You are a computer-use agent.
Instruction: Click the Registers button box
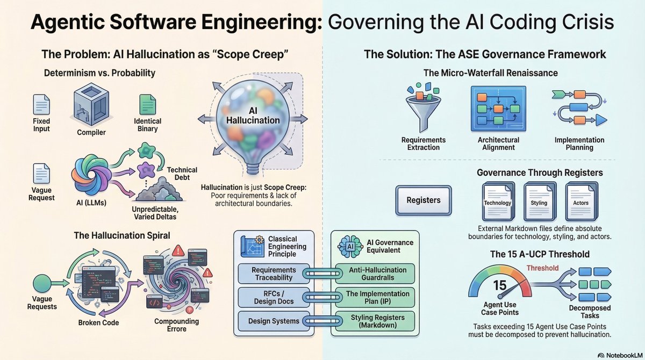click(424, 200)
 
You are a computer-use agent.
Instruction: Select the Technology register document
click(498, 201)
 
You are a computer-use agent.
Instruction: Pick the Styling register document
click(539, 201)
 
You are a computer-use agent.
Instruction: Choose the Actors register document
click(581, 201)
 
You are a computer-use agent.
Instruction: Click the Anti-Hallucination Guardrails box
click(375, 273)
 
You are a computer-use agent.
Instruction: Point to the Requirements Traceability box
click(274, 273)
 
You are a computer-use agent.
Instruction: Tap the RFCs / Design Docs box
click(274, 298)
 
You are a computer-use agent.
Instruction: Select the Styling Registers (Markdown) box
click(375, 321)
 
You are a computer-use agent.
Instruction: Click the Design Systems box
click(274, 321)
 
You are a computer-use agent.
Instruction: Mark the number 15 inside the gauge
click(499, 285)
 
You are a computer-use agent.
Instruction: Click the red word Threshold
click(542, 268)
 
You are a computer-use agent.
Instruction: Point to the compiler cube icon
click(91, 104)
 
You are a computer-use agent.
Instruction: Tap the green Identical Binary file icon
click(148, 104)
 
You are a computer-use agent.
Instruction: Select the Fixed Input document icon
click(41, 104)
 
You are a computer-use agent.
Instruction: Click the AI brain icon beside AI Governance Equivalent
click(350, 247)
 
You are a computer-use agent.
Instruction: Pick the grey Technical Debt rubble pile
click(159, 189)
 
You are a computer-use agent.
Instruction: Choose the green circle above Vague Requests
click(42, 284)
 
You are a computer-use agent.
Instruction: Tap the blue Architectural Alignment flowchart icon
click(498, 109)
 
